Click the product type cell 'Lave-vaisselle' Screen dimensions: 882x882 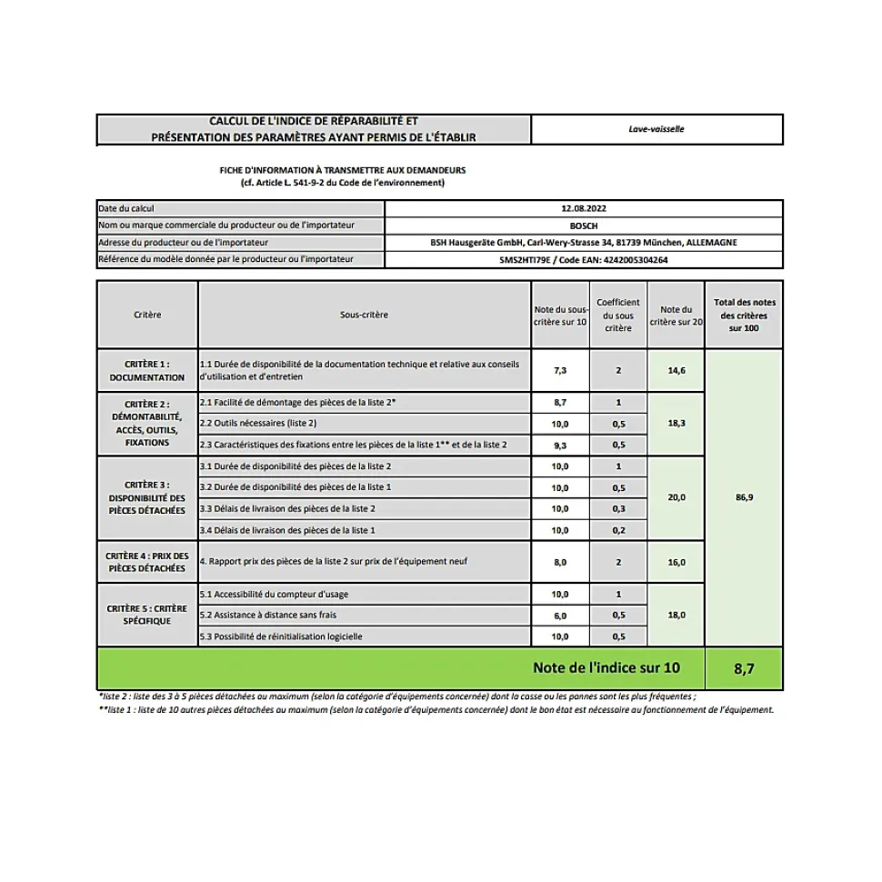(656, 129)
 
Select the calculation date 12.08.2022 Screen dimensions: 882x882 (584, 209)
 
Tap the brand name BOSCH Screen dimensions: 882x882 (584, 226)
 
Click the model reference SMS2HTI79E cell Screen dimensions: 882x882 (584, 260)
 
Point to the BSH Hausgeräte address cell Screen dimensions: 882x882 (584, 243)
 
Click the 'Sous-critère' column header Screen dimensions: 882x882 (364, 315)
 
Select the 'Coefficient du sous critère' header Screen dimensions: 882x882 (618, 315)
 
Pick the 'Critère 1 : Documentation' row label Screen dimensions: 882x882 (146, 371)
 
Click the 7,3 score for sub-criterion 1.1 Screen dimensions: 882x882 (560, 371)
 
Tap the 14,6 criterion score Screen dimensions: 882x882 (677, 371)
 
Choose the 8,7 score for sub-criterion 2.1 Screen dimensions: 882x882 (560, 402)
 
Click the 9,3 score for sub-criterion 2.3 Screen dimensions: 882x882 (560, 445)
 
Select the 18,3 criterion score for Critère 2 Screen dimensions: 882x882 (677, 423)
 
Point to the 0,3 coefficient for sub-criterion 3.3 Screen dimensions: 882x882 (618, 508)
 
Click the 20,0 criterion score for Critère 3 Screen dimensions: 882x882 (677, 497)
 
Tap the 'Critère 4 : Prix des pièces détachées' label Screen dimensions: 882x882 (146, 562)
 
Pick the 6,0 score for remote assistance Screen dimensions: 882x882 (560, 616)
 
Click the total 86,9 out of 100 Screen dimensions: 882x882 (744, 497)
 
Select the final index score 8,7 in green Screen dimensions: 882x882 (744, 669)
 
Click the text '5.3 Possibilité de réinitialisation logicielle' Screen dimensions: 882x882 (281, 636)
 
